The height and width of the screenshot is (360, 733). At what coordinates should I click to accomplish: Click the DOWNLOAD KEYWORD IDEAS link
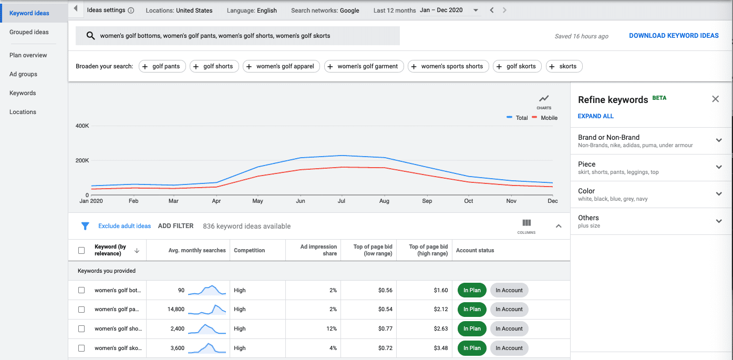[x=674, y=36]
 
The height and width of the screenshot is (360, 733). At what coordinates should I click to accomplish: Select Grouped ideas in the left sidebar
[x=29, y=32]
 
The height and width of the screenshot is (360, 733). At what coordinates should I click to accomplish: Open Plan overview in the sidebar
[x=28, y=55]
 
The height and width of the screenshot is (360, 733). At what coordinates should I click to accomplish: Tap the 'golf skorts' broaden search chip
[x=517, y=66]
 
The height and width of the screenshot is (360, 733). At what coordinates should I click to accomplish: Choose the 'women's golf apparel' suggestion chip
[x=281, y=66]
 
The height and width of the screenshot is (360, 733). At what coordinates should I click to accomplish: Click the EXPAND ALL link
[x=595, y=116]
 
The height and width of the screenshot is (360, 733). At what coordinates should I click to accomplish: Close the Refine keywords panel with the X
[x=715, y=99]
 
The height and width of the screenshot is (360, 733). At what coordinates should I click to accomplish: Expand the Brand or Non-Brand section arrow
[x=719, y=140]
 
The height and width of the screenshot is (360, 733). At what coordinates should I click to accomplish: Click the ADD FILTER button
[x=175, y=226]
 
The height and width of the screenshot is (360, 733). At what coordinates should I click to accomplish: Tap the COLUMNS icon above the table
[x=526, y=225]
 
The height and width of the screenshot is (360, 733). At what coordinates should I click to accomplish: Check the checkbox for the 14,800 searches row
[x=81, y=310]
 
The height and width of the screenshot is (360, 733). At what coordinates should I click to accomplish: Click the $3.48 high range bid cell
[x=440, y=348]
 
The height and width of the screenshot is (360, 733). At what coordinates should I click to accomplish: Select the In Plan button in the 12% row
[x=471, y=328]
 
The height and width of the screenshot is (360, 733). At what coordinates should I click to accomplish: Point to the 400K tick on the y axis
[x=82, y=126]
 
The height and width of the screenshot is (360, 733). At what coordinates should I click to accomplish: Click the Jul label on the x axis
[x=342, y=201]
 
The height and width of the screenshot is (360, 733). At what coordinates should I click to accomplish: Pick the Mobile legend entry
[x=549, y=118]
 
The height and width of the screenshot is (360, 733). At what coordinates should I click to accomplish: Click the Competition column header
[x=249, y=250]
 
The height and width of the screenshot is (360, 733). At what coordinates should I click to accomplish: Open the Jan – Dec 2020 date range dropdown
[x=449, y=11]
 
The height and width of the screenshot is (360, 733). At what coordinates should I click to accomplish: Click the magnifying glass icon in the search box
[x=90, y=36]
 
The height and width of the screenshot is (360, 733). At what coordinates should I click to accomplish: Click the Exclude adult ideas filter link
[x=125, y=226]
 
